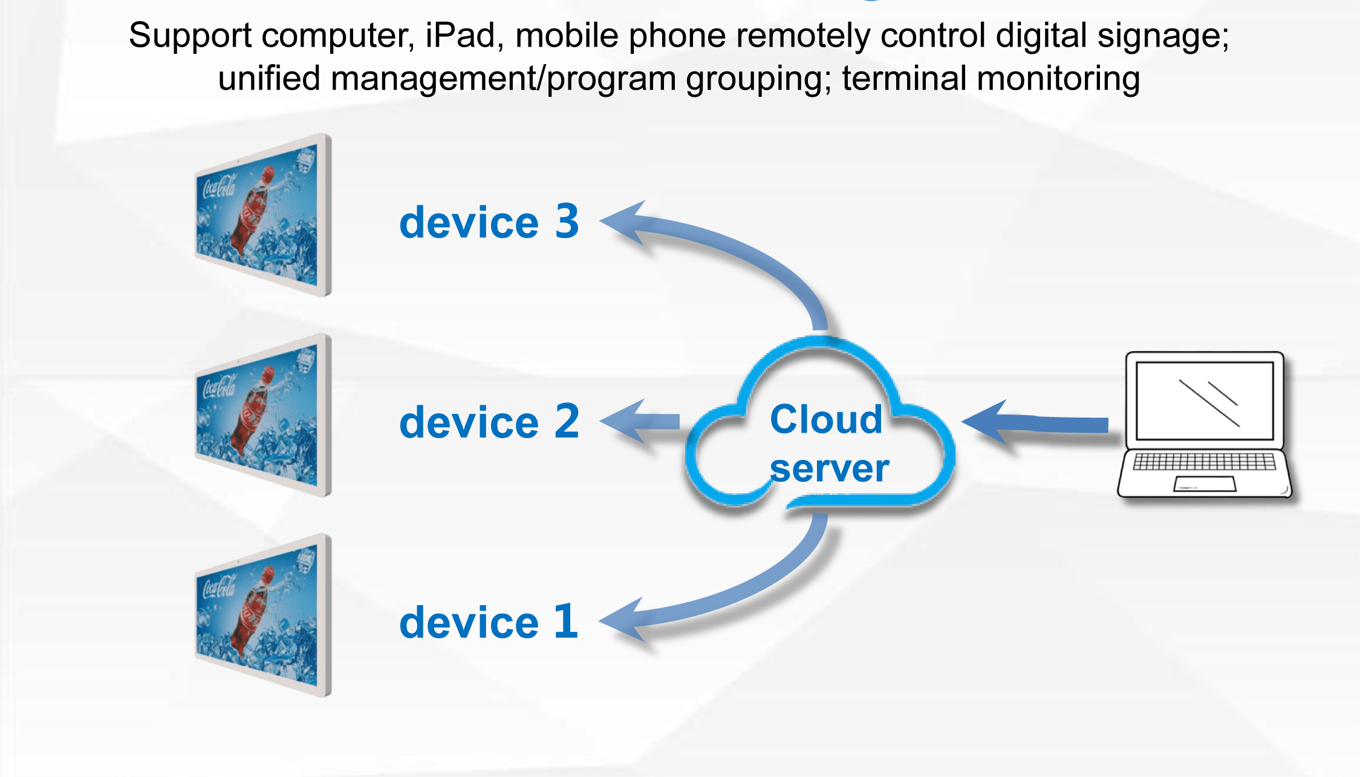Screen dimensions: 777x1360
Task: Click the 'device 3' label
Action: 489,222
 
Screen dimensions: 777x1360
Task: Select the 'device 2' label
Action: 489,422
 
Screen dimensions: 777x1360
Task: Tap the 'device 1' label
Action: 489,621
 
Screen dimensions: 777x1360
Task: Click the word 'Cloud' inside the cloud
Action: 826,419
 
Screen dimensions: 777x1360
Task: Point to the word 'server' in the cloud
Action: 830,468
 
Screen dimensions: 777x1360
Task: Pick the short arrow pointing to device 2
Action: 641,421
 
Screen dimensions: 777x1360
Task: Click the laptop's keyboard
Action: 1204,462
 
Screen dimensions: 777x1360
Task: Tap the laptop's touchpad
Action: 1204,484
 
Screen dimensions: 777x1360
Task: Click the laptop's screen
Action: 1205,401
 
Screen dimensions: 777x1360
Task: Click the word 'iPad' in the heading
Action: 460,35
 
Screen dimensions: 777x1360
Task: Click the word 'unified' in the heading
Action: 268,79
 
